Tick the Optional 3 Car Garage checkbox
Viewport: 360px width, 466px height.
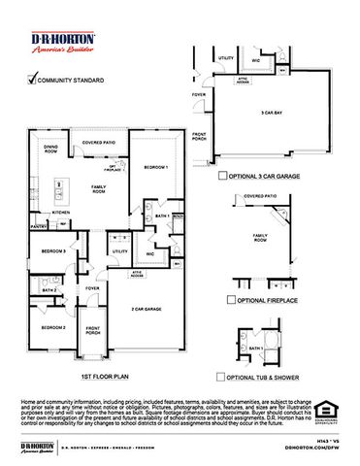pyautogui.click(x=225, y=177)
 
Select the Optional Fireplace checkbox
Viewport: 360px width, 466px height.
pyautogui.click(x=232, y=300)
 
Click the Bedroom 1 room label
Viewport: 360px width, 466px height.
pyautogui.click(x=155, y=167)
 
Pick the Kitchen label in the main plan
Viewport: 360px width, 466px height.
pyautogui.click(x=61, y=211)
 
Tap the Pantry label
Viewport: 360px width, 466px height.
pyautogui.click(x=39, y=226)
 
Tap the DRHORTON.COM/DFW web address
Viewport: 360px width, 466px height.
pyautogui.click(x=312, y=449)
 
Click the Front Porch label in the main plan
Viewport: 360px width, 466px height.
pyautogui.click(x=93, y=331)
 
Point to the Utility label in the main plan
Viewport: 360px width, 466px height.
pyautogui.click(x=120, y=250)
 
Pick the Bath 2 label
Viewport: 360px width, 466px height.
pyautogui.click(x=49, y=289)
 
